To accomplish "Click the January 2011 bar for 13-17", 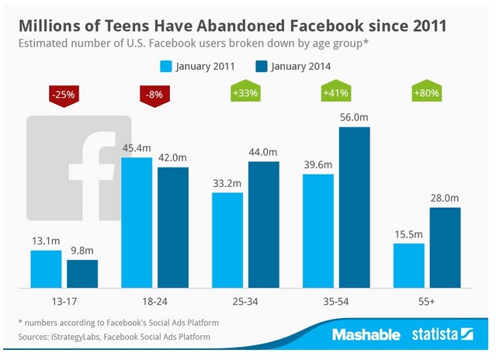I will (x=46, y=268).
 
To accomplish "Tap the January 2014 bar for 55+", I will (x=445, y=247).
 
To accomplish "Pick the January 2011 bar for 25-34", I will (x=227, y=240).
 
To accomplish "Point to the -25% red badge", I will (x=63, y=95).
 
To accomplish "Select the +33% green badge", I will (x=245, y=94).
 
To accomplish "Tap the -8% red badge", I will (x=155, y=95).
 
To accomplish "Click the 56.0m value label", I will (x=355, y=117).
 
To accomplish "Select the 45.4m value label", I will (x=137, y=147).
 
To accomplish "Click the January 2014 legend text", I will (x=300, y=66).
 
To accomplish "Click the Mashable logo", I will (x=366, y=335).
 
